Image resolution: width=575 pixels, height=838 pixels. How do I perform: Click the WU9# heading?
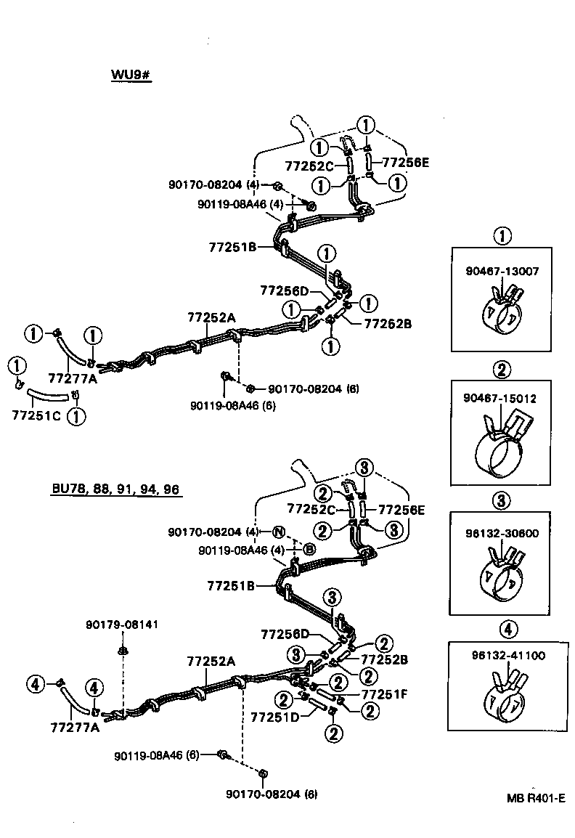131,76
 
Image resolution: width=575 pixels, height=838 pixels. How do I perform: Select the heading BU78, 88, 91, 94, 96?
115,489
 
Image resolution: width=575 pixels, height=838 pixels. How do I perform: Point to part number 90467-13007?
502,271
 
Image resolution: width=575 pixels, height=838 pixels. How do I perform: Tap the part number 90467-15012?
502,399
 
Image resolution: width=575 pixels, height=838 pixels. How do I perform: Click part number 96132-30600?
502,532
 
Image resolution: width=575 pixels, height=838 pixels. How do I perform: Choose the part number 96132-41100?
502,656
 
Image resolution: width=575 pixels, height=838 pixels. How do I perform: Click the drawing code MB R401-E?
536,797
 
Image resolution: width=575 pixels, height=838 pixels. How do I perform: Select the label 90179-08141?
121,624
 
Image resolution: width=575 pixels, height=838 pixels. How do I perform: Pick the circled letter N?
279,532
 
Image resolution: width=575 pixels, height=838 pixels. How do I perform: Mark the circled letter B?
309,550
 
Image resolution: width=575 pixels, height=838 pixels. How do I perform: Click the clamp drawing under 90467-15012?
500,447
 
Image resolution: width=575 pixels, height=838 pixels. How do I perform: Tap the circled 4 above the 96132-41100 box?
501,630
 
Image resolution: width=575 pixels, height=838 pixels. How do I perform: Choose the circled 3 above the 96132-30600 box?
501,500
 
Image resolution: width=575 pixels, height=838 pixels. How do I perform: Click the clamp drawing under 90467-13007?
501,312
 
